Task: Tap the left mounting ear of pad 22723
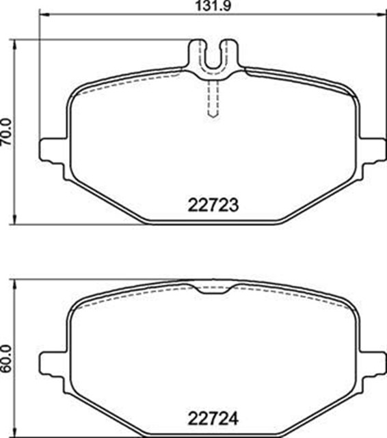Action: pyautogui.click(x=53, y=151)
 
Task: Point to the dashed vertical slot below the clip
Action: pyautogui.click(x=213, y=100)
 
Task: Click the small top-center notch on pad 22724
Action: pyautogui.click(x=213, y=288)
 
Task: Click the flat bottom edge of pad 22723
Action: pyautogui.click(x=212, y=222)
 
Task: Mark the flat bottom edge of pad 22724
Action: pyautogui.click(x=212, y=433)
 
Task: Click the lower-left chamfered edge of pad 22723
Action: pyautogui.click(x=106, y=199)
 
